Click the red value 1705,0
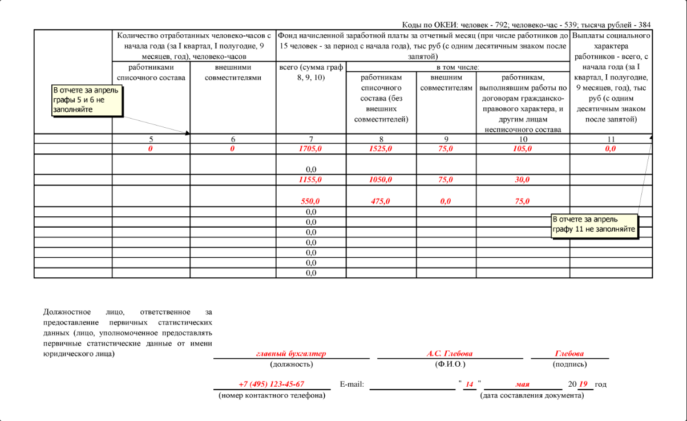311,149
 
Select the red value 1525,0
381,149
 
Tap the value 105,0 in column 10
522,149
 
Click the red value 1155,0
311,180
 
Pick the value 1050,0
381,180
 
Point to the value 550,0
311,201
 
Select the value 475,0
381,201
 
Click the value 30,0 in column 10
522,180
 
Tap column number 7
311,139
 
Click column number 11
611,139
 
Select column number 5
151,139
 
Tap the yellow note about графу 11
594,225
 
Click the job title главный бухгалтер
291,354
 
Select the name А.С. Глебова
450,354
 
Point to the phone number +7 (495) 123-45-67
271,384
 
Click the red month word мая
522,384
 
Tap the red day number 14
469,384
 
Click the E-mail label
351,384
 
